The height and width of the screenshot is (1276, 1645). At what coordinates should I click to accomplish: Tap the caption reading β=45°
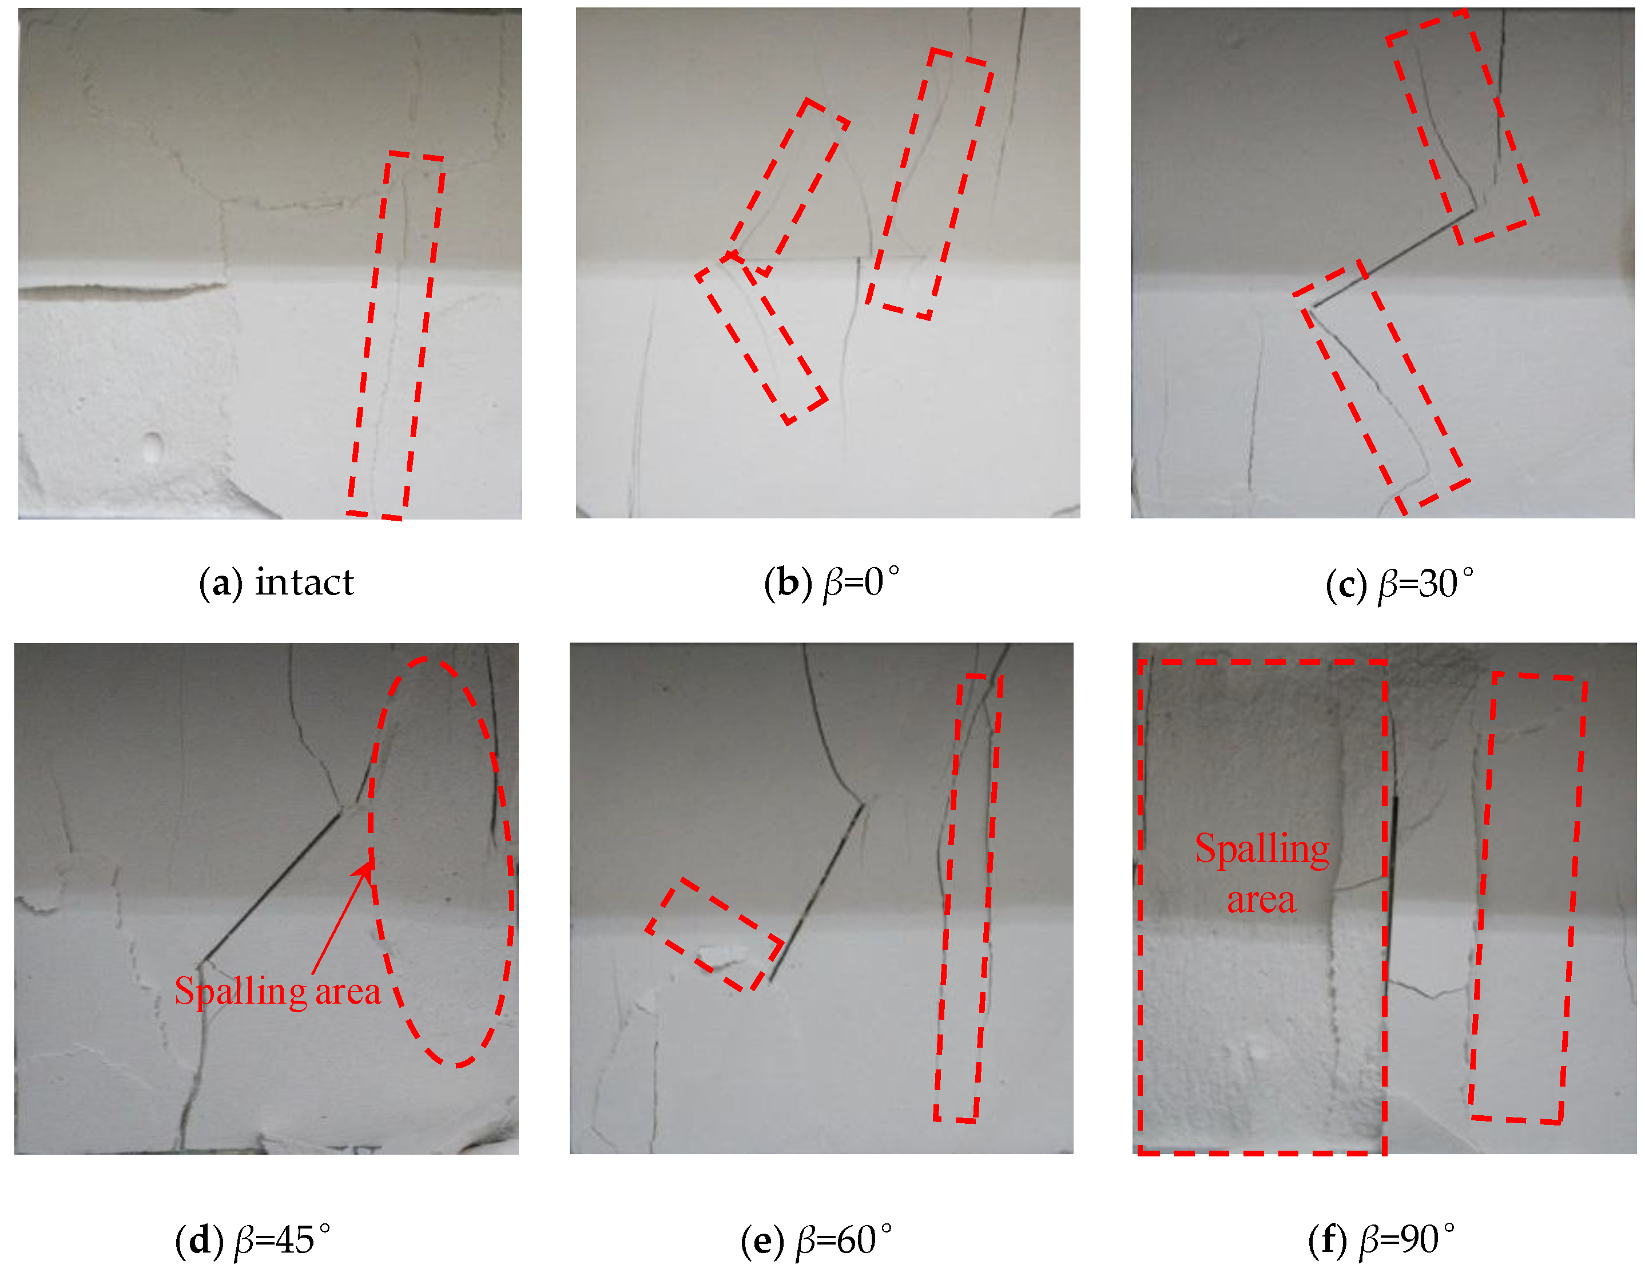[x=283, y=1241]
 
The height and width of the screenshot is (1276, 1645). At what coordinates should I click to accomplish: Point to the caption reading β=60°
[x=844, y=1241]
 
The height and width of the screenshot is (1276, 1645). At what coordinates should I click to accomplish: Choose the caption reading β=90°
[x=1407, y=1241]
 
